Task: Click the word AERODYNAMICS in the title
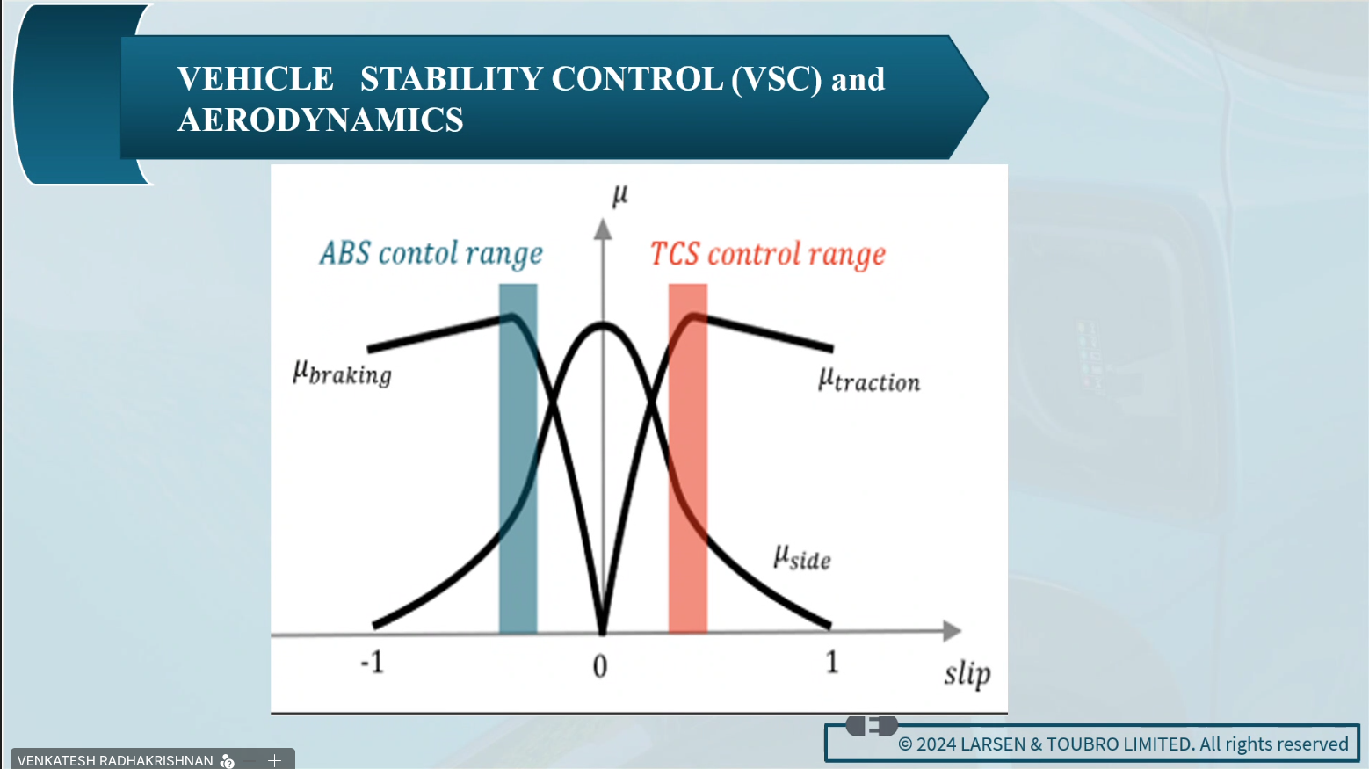[320, 120]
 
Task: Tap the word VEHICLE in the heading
[256, 79]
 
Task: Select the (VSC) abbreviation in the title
[776, 79]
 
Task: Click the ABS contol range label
[431, 253]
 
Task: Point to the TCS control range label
[768, 254]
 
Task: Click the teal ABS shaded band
[518, 459]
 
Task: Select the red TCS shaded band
[687, 459]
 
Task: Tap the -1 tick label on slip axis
[373, 662]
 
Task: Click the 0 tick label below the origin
[600, 666]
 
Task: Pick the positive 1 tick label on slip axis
[832, 662]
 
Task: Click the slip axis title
[967, 674]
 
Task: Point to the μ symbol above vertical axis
[619, 195]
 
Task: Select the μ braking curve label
[343, 373]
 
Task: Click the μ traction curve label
[869, 381]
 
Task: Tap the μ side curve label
[802, 557]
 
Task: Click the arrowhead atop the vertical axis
[603, 230]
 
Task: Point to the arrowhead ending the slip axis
[953, 631]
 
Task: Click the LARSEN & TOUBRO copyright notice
[1123, 744]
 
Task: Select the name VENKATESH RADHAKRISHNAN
[115, 760]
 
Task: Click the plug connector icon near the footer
[873, 726]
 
